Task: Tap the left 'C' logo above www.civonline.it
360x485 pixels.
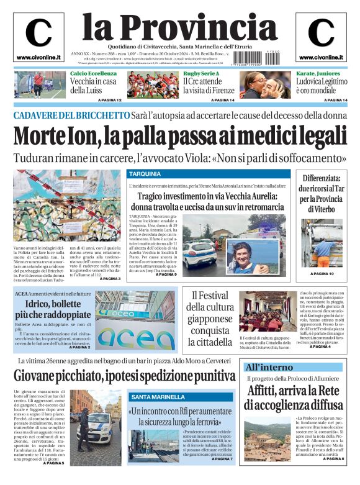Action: pos(38,33)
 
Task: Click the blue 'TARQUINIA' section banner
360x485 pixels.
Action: pos(145,174)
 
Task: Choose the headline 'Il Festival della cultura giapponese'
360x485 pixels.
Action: pos(210,318)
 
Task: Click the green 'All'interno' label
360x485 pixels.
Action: pos(268,367)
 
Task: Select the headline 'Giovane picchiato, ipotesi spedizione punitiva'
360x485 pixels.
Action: pos(124,376)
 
